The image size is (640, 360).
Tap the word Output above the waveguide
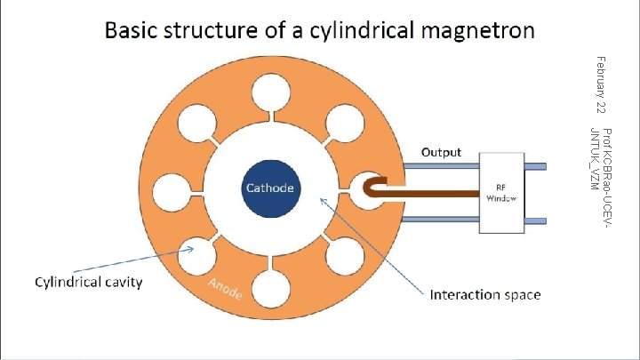[x=441, y=152]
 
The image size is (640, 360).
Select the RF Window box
[x=505, y=193]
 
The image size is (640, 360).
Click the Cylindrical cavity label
[x=88, y=283]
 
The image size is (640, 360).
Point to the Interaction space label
[x=485, y=294]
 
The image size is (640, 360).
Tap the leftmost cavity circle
[x=172, y=190]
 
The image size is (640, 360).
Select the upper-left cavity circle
[x=201, y=121]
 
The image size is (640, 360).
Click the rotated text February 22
[x=602, y=84]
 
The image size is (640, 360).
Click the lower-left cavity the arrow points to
[x=201, y=259]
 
